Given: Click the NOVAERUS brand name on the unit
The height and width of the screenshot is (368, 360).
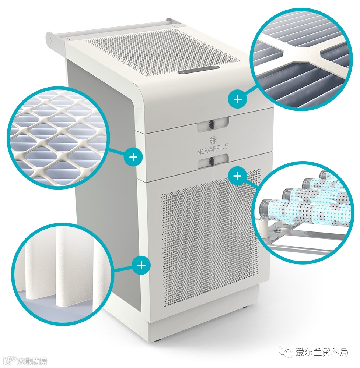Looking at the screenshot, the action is (x=213, y=151).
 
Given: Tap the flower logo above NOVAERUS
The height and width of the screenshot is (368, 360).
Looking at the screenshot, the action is (x=213, y=141).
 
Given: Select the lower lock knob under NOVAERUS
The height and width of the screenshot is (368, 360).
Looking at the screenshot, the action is (x=212, y=161).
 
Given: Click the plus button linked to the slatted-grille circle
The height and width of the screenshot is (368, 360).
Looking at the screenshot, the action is (x=238, y=99).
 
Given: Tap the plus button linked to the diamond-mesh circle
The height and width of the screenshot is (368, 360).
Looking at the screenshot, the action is (x=133, y=156).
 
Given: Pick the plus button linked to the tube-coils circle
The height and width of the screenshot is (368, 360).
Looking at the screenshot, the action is (x=238, y=176).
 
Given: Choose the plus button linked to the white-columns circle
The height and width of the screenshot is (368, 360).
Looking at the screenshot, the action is (x=141, y=265).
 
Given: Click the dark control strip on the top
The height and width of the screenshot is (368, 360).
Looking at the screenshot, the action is (x=199, y=70).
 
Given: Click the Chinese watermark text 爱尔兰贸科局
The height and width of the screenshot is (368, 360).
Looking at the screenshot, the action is (x=321, y=352).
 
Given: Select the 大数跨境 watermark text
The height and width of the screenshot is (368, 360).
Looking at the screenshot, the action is (x=32, y=361).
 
